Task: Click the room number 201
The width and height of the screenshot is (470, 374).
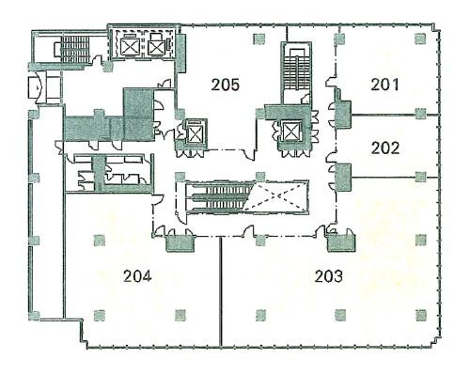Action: click(x=384, y=85)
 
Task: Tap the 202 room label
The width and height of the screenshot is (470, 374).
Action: click(x=385, y=148)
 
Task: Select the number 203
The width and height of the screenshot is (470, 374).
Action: click(x=329, y=276)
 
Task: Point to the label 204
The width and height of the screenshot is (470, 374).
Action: click(x=137, y=276)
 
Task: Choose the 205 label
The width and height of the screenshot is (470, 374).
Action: click(x=225, y=85)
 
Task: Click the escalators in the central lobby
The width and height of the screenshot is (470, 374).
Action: click(x=219, y=196)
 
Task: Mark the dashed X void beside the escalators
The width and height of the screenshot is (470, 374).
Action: click(x=275, y=196)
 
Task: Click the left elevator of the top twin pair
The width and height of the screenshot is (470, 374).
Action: click(x=129, y=47)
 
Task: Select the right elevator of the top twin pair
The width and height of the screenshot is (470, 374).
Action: click(x=156, y=47)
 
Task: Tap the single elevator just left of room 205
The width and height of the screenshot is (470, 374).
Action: click(x=195, y=132)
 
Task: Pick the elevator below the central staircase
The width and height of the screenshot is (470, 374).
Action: click(x=291, y=132)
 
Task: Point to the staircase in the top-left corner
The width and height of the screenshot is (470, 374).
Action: click(x=74, y=50)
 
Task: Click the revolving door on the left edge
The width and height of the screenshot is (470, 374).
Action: click(x=37, y=86)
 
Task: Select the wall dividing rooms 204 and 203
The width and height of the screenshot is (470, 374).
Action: click(x=221, y=292)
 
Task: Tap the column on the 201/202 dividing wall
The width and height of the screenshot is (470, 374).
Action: click(x=420, y=114)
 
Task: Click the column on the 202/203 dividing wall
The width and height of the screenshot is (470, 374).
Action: click(x=420, y=177)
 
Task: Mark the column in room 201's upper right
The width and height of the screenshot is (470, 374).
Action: click(x=420, y=39)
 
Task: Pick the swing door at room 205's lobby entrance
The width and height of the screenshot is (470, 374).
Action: click(x=250, y=154)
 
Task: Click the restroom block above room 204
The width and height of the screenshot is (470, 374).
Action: click(x=109, y=172)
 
